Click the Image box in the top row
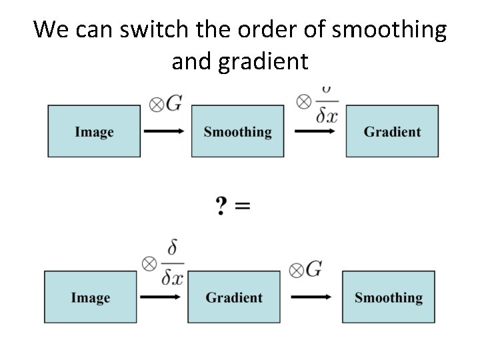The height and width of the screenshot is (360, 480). point(94,131)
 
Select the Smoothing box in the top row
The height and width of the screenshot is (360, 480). point(237,131)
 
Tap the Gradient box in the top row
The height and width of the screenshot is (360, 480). point(392,131)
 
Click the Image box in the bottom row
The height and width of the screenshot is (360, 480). point(91,297)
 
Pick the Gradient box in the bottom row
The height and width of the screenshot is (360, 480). point(233,297)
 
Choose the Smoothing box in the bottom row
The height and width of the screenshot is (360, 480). point(388,297)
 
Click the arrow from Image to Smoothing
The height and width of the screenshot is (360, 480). point(164,131)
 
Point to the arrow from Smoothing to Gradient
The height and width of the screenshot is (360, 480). point(316,131)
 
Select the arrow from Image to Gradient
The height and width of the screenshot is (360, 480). point(161,297)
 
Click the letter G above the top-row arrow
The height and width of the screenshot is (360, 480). point(174,103)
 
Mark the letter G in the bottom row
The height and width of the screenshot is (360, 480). point(314,269)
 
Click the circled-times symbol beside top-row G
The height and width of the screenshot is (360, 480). point(157,105)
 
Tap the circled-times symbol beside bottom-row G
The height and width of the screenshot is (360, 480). point(297,270)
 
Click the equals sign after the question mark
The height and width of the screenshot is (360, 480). point(243,206)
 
